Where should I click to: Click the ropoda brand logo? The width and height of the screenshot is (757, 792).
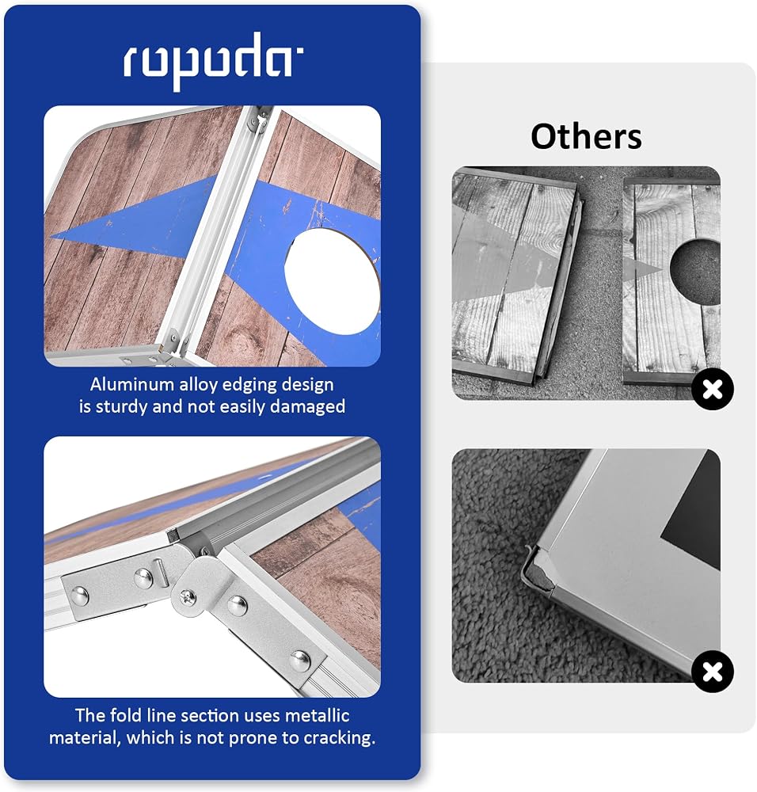click(212, 61)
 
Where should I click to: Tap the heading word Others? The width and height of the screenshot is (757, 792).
click(586, 137)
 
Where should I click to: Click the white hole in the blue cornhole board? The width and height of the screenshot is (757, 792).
click(332, 281)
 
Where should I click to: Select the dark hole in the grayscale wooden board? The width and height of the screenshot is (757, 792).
click(696, 272)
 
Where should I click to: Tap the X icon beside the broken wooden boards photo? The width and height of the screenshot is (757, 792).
click(712, 390)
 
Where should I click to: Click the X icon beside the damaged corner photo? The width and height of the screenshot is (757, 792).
click(712, 672)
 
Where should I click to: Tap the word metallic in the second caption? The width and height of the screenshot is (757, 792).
click(318, 716)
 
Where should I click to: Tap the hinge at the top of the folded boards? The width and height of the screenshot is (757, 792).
click(261, 120)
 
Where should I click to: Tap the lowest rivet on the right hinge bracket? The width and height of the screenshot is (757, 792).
click(300, 661)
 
